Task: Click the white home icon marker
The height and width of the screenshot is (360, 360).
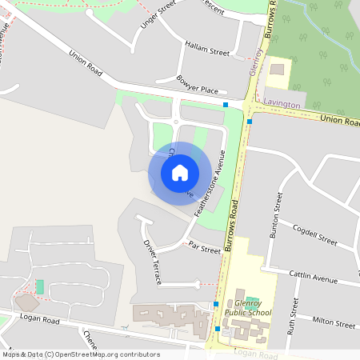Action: tap(180, 171)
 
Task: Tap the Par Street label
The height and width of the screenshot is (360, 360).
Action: tap(205, 250)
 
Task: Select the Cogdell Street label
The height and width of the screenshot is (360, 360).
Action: tap(315, 234)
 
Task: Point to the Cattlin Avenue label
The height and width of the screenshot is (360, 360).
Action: tap(314, 277)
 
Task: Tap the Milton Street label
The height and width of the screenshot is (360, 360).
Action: tap(334, 323)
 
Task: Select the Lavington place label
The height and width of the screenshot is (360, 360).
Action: tap(282, 105)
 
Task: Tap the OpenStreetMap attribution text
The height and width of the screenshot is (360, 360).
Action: tap(81, 354)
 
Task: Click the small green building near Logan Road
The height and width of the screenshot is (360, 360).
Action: tap(40, 286)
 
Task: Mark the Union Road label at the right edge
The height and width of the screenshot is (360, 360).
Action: tap(340, 118)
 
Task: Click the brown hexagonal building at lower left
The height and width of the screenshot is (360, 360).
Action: tap(28, 302)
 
